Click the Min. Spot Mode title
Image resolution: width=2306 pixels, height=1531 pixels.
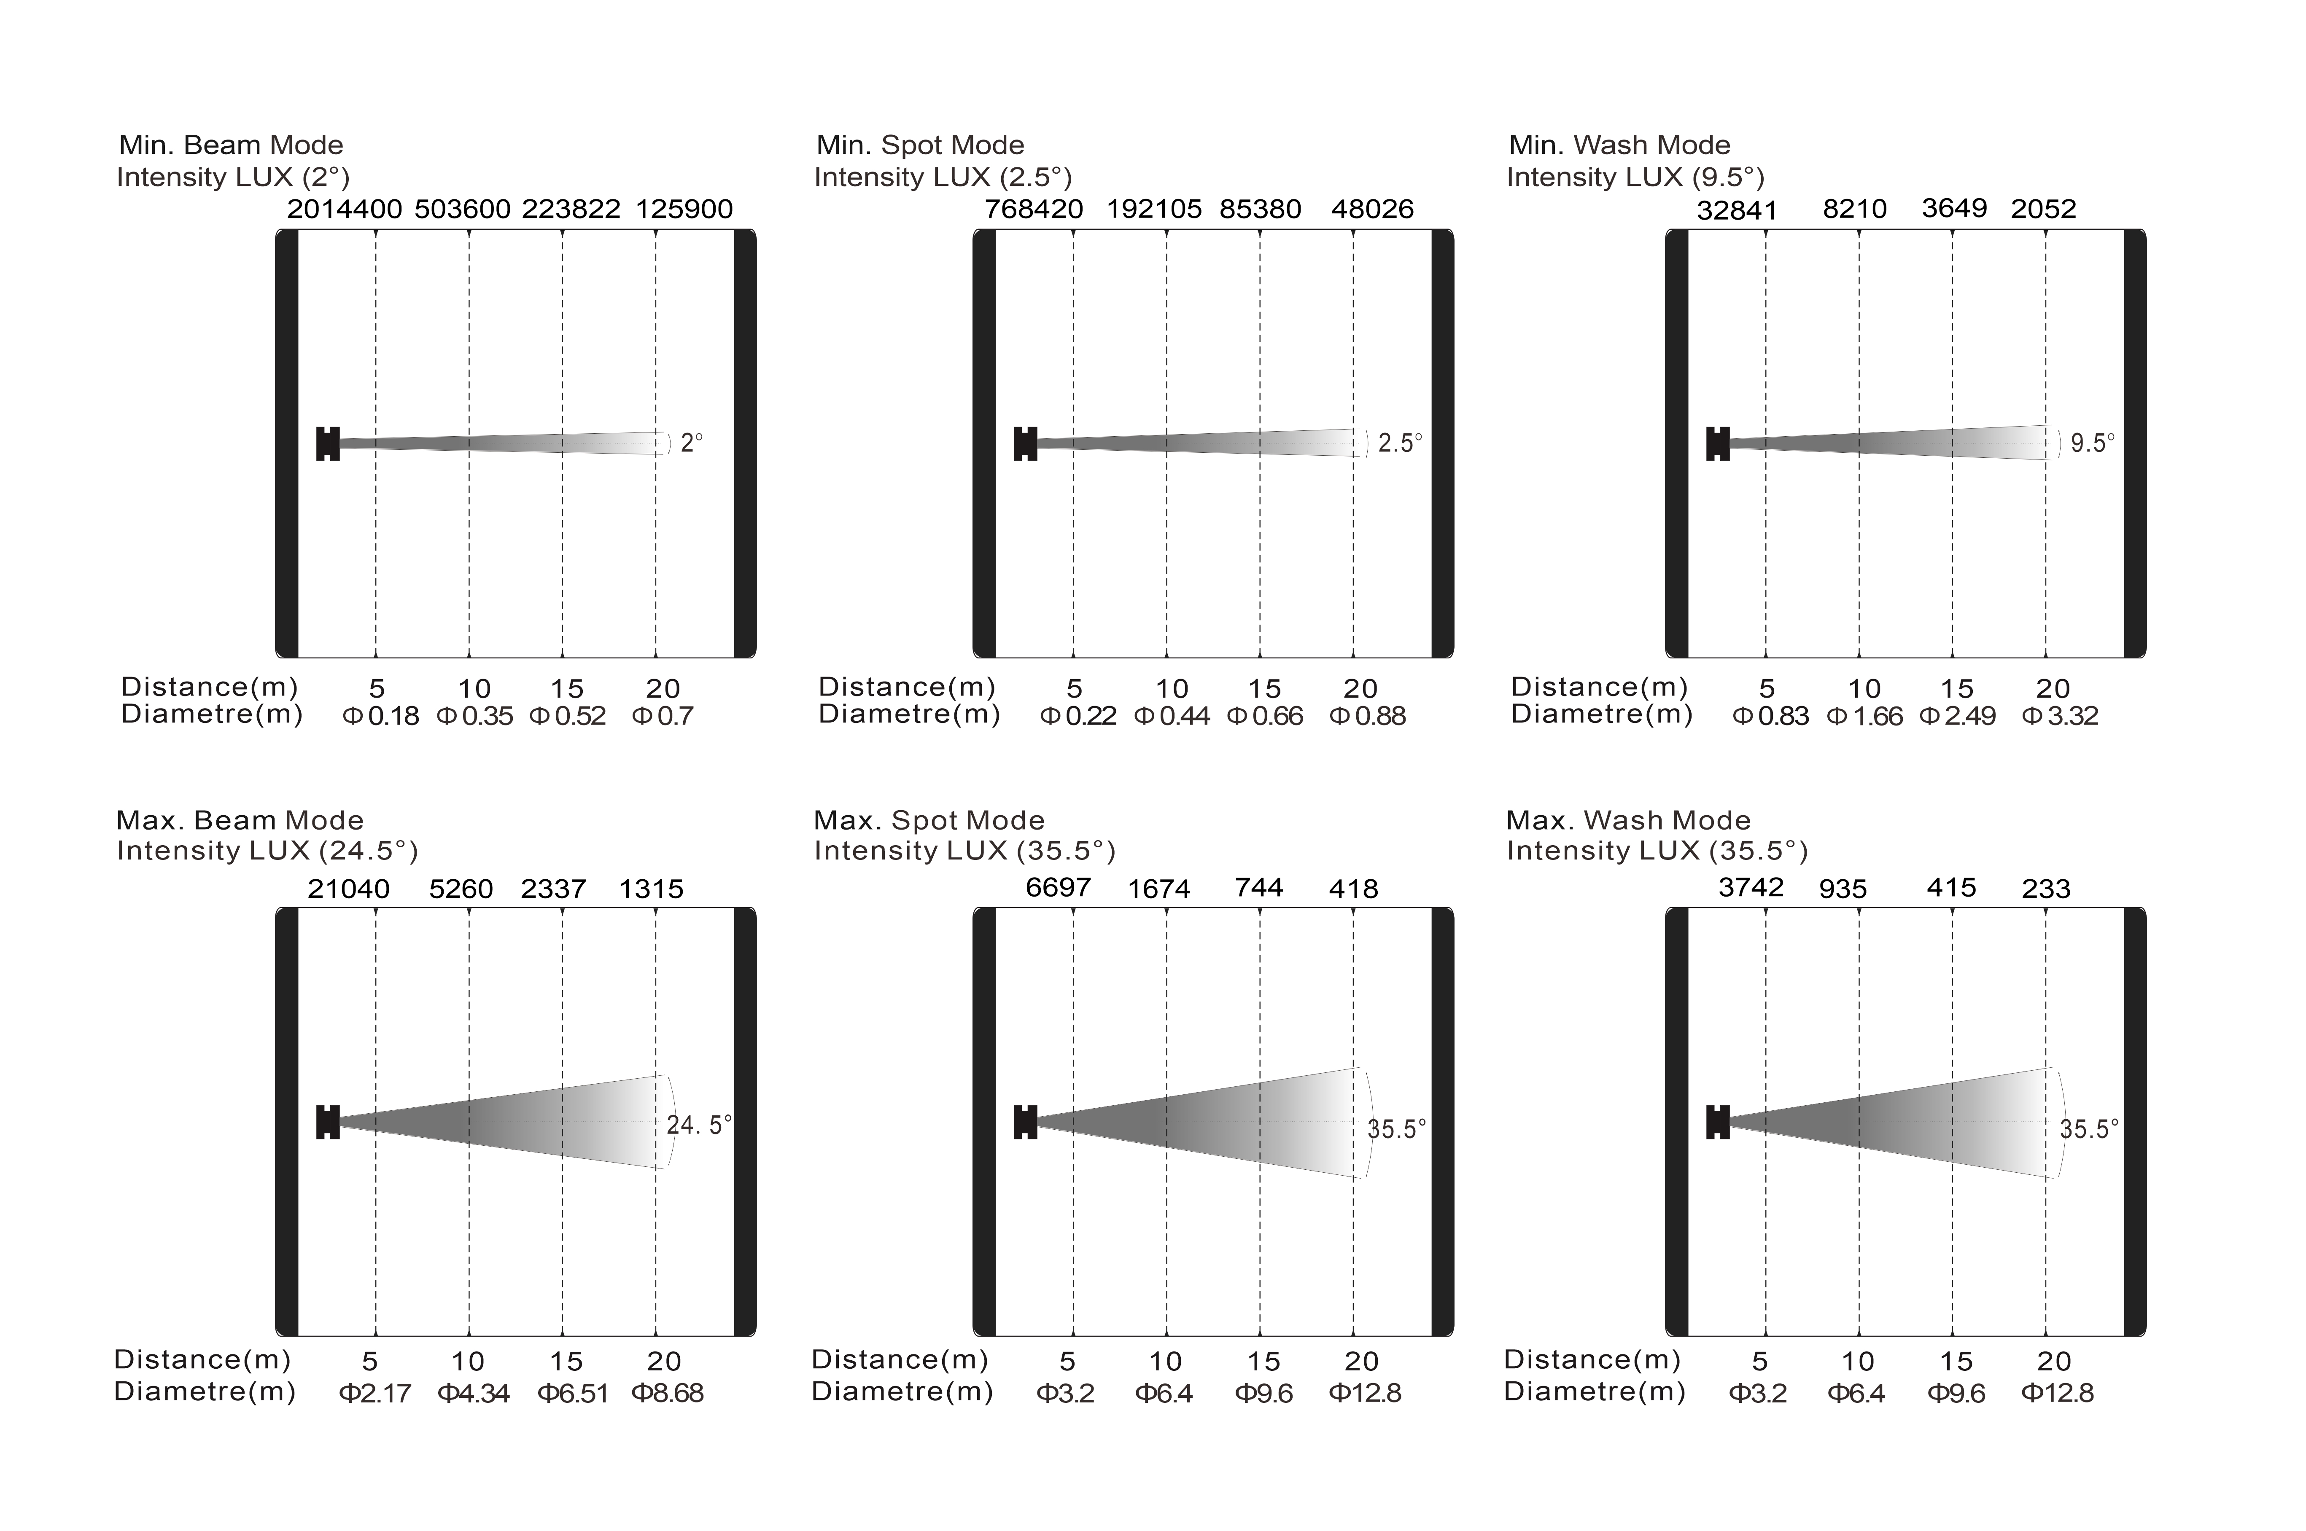[x=920, y=145]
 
